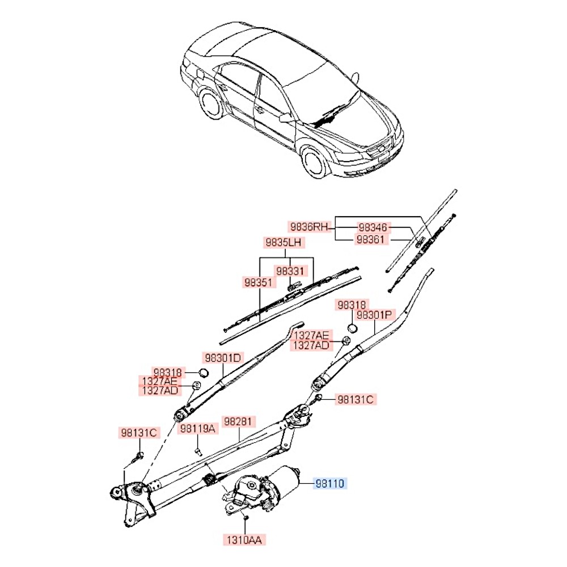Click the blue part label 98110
point(331,484)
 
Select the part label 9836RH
point(310,227)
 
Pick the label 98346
point(373,227)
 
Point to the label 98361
point(373,239)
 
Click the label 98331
point(291,271)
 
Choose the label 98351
point(259,282)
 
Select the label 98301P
point(375,315)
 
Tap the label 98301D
point(223,358)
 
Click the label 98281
point(239,422)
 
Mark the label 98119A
point(198,429)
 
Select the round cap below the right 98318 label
point(352,328)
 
